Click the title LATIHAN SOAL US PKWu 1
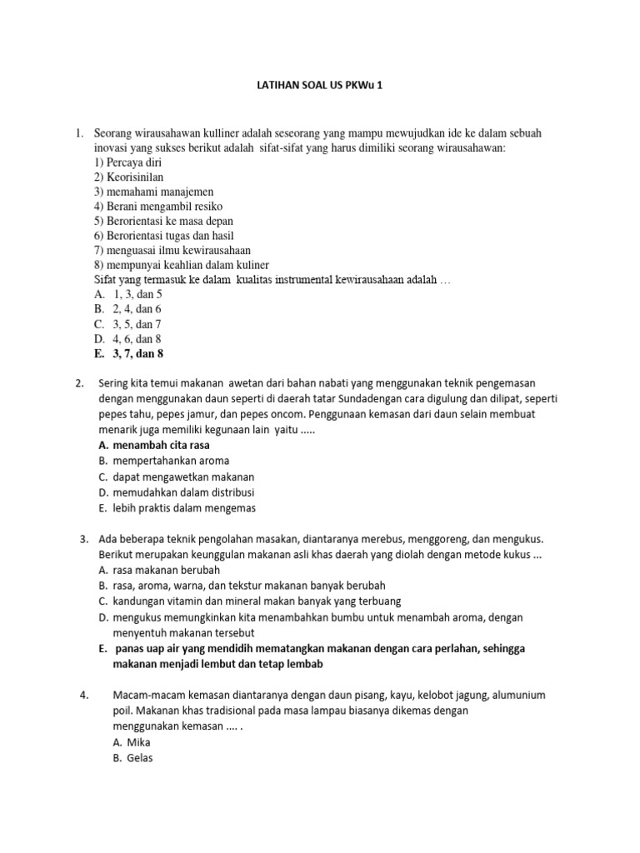tap(320, 87)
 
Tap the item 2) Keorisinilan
tap(129, 177)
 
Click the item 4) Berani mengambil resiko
tap(158, 206)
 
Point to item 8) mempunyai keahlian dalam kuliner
tap(182, 264)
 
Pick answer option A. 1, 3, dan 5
tap(128, 294)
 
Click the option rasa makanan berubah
tap(162, 570)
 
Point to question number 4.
tap(84, 695)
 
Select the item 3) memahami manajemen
tap(147, 192)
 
